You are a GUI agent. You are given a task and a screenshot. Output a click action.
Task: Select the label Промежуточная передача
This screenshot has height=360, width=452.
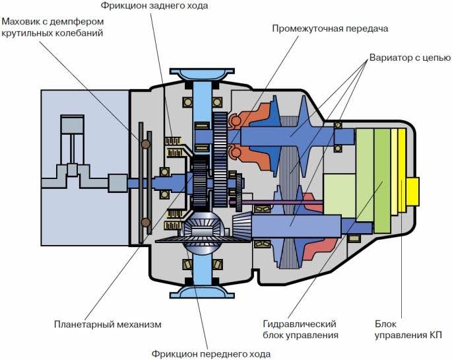pos(330,29)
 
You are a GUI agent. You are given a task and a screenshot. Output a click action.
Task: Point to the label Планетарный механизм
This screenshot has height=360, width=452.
pos(107,324)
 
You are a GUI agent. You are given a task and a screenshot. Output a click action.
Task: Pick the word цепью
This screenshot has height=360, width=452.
pos(430,57)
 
